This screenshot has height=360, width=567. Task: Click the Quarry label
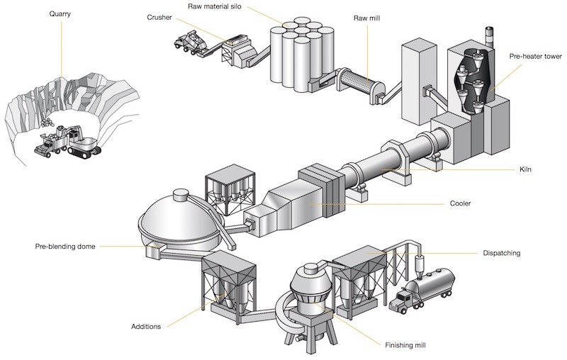coord(60,14)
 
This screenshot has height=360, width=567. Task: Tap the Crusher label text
coord(159,17)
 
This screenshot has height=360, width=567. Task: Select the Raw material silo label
coord(215,6)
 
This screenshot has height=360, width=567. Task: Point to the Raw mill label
coord(366,18)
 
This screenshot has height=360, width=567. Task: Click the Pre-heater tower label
coord(536,56)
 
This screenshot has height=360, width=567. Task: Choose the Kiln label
coord(525,169)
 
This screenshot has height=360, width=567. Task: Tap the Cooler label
coord(460,203)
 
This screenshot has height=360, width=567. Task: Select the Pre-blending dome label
coord(65,247)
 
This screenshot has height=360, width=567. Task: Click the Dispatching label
coord(502,253)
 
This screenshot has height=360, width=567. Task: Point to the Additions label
coord(146,327)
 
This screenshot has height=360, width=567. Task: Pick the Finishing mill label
coord(405,345)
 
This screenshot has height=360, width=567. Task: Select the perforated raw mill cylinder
coord(357,83)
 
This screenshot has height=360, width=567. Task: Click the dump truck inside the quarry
coord(50,145)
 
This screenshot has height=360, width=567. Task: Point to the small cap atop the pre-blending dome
coord(180,195)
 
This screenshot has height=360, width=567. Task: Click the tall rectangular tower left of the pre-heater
coord(418,83)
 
